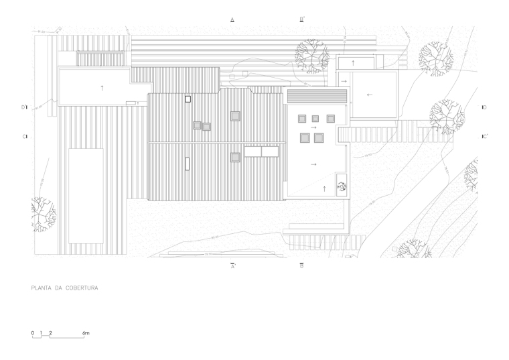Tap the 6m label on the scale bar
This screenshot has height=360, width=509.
pos(86,333)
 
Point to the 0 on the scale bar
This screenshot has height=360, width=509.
pos(31,333)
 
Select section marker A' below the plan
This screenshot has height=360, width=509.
pos(232,266)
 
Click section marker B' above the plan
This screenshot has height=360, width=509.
pos(303,19)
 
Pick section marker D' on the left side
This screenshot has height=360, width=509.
pos(23,107)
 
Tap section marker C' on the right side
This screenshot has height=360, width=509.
pos(485,136)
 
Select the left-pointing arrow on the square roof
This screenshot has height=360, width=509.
pos(369,95)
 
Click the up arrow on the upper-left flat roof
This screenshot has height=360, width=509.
pos(102,86)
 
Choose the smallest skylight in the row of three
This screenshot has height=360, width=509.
pos(315,119)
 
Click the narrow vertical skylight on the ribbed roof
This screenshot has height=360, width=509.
pos(188,164)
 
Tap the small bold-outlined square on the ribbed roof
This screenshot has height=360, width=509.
pos(188,99)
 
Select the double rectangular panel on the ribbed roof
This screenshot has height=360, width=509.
pos(261,152)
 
